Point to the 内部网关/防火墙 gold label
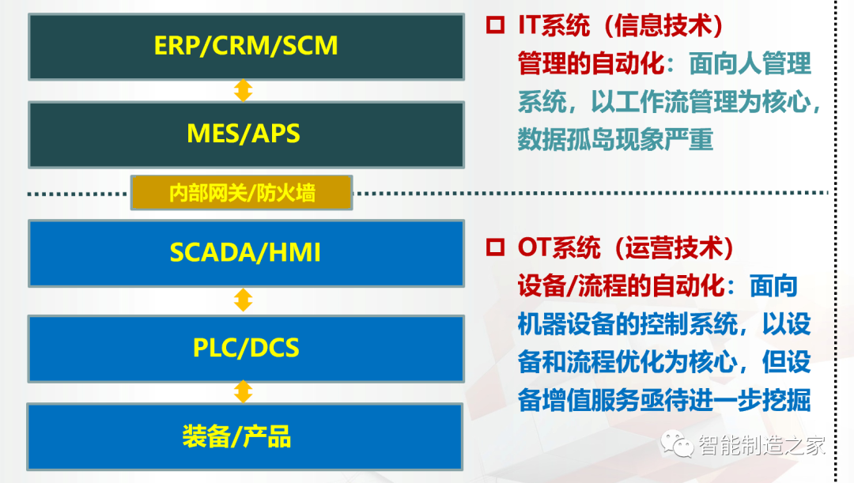click(241, 193)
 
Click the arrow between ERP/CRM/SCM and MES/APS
click(244, 90)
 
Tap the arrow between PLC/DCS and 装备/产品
click(244, 391)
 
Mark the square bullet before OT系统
click(495, 248)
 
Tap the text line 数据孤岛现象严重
click(615, 140)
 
